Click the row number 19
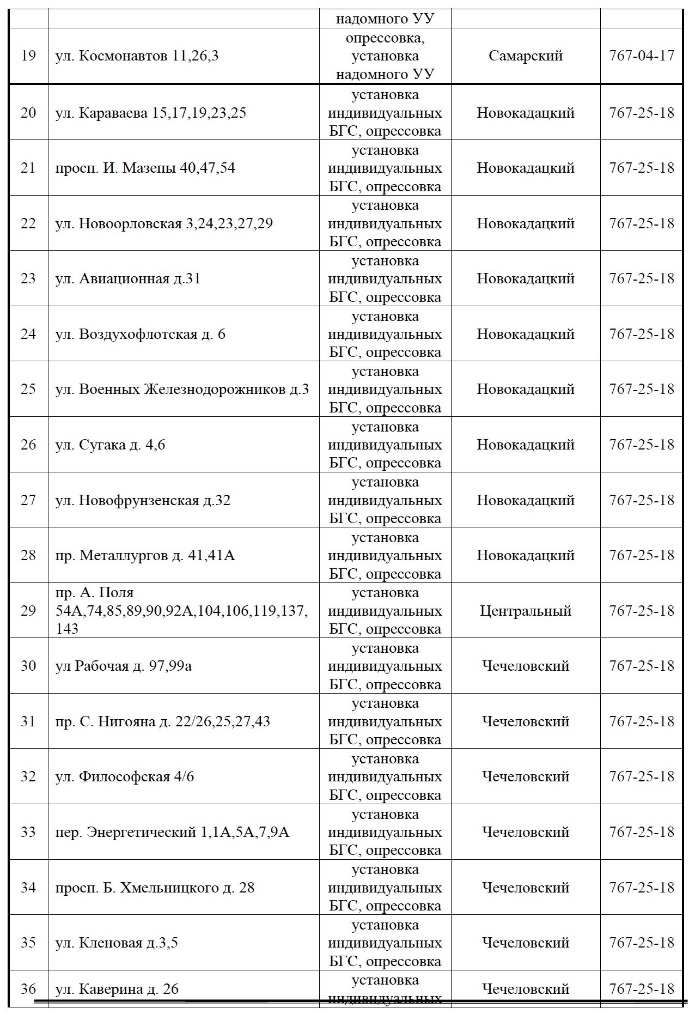pos(28,56)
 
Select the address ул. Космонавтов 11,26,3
pos(137,56)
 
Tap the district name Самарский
pos(526,56)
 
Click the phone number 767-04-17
pos(642,56)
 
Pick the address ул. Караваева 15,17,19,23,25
pos(150,113)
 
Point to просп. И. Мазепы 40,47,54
pos(145,168)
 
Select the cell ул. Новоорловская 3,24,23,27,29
pos(164,223)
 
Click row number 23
pos(28,279)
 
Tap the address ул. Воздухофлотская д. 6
pos(140,334)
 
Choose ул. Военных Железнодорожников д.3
pos(182,389)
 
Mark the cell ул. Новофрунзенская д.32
pos(143,500)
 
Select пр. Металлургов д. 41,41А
pos(145,555)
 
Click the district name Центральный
pos(526,611)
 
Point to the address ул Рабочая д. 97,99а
pos(123,666)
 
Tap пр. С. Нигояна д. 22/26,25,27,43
pos(162,721)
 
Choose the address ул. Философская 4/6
pos(124,776)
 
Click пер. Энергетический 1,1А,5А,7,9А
pos(172,832)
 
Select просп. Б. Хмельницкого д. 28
pos(155,888)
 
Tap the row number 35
pos(28,943)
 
